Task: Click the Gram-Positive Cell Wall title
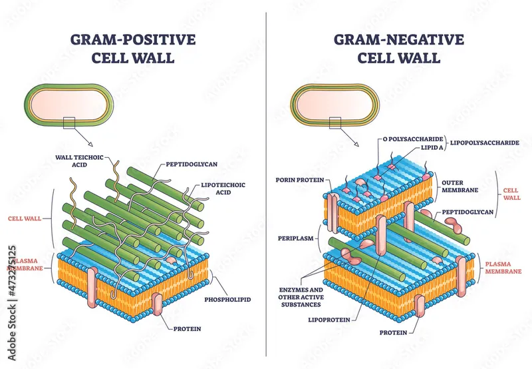pyautogui.click(x=134, y=48)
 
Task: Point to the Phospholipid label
pyautogui.click(x=228, y=300)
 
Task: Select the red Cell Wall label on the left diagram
pyautogui.click(x=25, y=217)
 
